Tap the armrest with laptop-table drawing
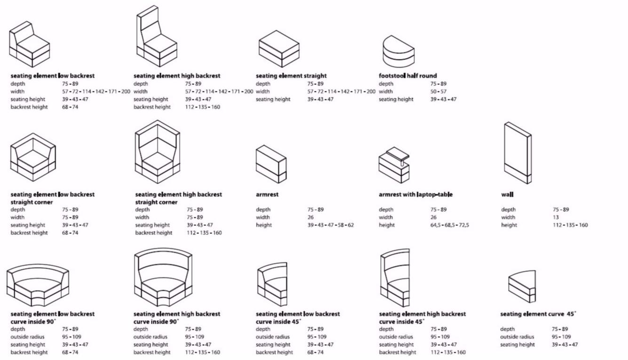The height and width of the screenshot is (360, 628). pos(394,165)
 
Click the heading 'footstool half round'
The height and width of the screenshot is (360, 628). pos(408,76)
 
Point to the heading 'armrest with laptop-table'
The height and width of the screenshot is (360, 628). pos(416,195)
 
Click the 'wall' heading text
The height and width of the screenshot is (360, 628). pos(507,195)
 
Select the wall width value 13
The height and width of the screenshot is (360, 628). pos(556,218)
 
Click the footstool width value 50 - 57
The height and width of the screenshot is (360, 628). pos(438,92)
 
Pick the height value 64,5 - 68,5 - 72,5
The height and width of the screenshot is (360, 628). pos(449,225)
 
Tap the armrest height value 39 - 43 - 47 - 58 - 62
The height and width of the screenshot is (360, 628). pos(330,225)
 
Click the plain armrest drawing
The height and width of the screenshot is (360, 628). pos(271,164)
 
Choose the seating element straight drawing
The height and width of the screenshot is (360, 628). pos(279,48)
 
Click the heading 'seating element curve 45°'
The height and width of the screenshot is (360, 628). pos(538,314)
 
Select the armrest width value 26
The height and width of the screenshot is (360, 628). pos(311,218)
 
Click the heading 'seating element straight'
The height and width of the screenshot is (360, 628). pos(291,76)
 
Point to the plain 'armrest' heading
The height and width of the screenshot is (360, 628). pos(267,195)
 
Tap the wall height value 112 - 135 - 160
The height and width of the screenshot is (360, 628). pos(570,225)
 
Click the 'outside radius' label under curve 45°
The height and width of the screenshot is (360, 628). pos(517,337)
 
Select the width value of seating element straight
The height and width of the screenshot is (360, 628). pos(341,92)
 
